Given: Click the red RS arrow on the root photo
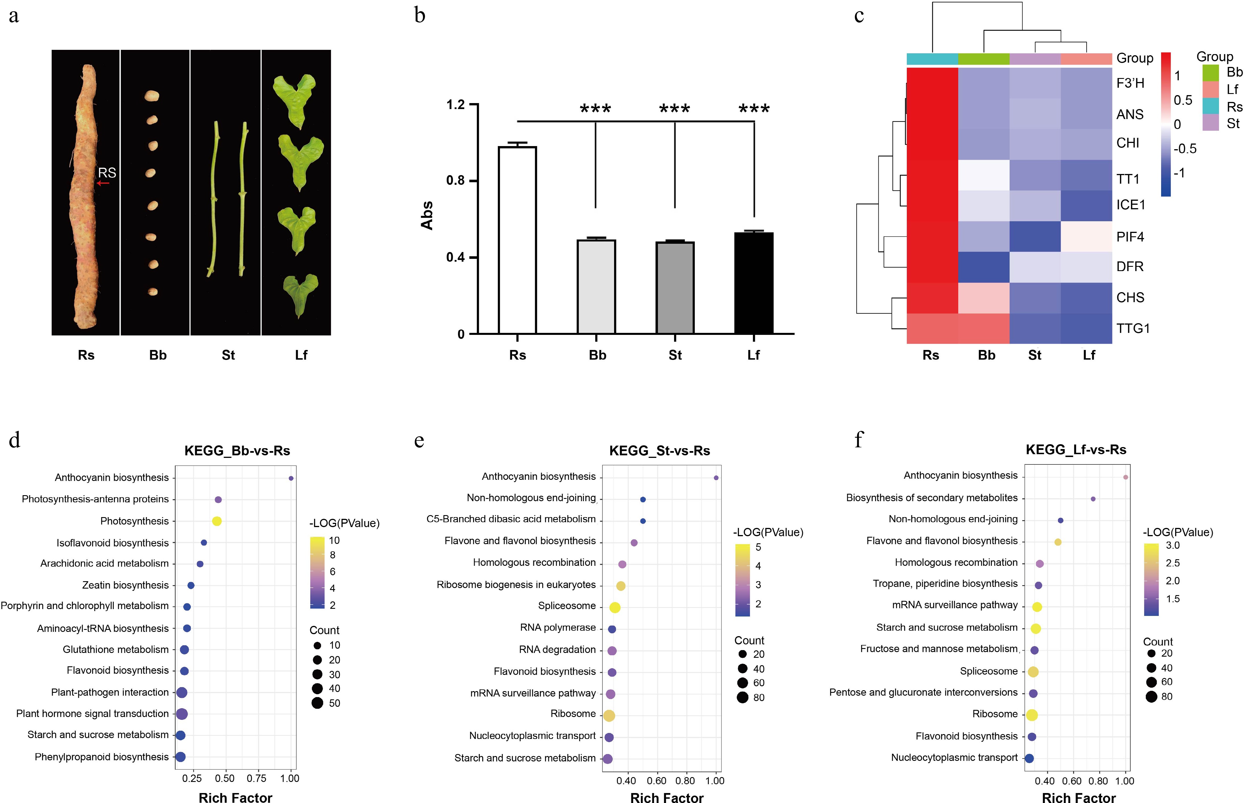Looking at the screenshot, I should click(x=103, y=183).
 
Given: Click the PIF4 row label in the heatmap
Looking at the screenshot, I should click(x=1130, y=237).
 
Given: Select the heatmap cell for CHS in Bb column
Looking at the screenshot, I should click(x=984, y=298).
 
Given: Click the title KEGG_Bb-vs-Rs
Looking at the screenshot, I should click(x=237, y=450).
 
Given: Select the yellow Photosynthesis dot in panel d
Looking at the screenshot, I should click(x=217, y=521).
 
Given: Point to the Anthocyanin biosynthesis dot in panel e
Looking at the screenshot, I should click(x=716, y=478).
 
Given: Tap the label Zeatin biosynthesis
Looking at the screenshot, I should click(x=125, y=585).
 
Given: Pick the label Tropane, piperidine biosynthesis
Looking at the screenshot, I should click(x=945, y=583).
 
